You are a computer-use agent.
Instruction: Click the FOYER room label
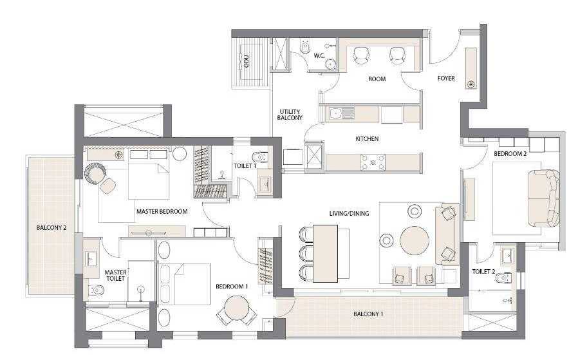point(445,79)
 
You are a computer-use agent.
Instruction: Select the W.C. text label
point(319,56)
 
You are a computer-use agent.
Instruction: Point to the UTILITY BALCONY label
point(290,115)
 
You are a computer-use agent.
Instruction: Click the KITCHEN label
point(367,138)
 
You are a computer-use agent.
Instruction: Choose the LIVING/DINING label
point(349,213)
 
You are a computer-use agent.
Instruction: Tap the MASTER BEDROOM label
point(162,211)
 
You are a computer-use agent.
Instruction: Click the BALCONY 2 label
point(51,228)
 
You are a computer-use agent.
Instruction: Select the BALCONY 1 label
point(368,314)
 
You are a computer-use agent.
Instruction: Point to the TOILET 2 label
point(483,272)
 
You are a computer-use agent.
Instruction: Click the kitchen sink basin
point(335,113)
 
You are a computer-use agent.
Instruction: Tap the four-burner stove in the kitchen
point(373,162)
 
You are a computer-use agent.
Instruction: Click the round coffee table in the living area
point(415,240)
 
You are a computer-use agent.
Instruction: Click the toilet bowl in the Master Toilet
point(96,290)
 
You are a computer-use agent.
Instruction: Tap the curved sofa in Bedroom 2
point(543,198)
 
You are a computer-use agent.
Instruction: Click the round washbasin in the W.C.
point(331,64)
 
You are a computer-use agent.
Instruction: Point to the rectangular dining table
point(326,253)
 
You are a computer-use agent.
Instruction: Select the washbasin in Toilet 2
point(507,256)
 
